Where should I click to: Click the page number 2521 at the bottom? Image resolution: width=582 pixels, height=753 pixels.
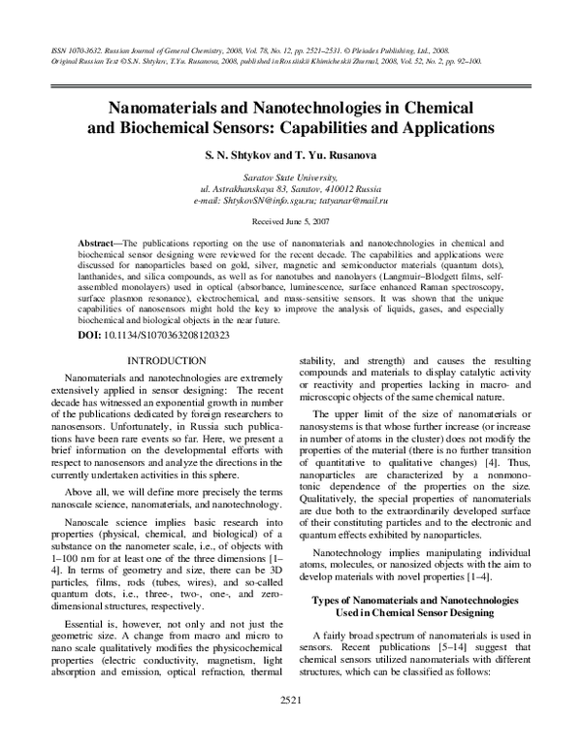[291, 728]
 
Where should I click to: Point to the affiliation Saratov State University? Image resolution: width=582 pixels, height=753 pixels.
[291, 166]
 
